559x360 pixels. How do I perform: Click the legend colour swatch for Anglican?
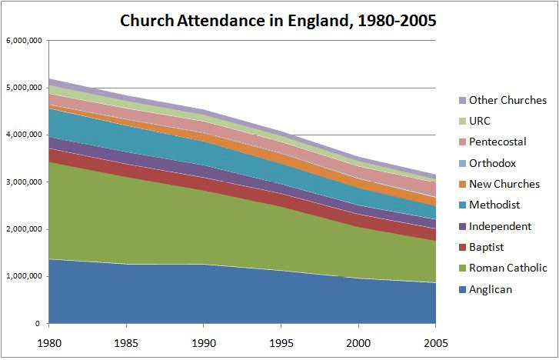pos(462,290)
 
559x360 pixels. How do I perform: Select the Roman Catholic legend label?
pos(508,268)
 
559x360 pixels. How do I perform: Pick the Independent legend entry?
pos(500,226)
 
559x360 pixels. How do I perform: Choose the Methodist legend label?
pos(495,205)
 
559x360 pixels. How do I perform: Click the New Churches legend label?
pos(504,184)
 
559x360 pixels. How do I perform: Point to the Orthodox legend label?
pos(493,163)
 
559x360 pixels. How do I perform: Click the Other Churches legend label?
pos(508,100)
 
